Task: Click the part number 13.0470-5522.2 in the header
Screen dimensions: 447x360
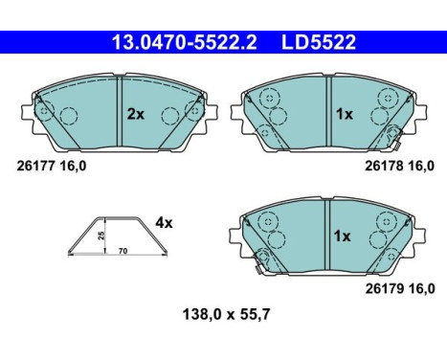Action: (185, 43)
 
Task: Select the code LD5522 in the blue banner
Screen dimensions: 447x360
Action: (318, 43)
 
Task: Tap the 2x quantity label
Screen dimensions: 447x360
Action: (136, 114)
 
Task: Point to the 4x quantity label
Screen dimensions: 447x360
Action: (164, 223)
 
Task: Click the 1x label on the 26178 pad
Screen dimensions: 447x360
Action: (345, 114)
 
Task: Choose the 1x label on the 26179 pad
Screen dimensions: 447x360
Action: (342, 236)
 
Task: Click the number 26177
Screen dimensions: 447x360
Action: (34, 166)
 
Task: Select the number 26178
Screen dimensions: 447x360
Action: (383, 166)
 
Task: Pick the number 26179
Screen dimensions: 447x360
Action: (383, 289)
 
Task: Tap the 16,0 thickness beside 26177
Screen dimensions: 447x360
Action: (72, 166)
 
